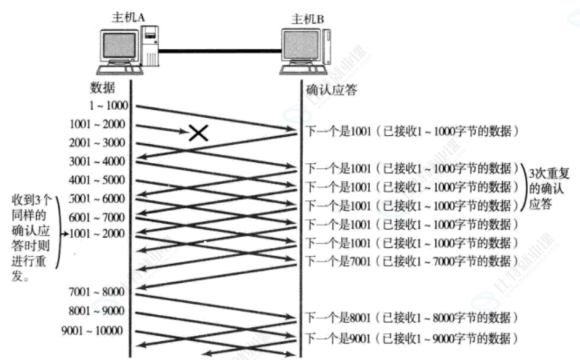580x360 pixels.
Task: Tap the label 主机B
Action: click(307, 19)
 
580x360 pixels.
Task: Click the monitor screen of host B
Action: click(301, 46)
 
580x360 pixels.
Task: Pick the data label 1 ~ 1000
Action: click(107, 106)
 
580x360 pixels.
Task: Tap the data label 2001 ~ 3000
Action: click(98, 143)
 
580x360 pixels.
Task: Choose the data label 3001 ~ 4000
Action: click(98, 162)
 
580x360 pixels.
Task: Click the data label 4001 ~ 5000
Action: click(98, 180)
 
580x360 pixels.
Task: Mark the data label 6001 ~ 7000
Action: click(98, 217)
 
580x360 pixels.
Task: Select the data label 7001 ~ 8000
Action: click(98, 292)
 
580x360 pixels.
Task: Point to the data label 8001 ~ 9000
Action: click(98, 311)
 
